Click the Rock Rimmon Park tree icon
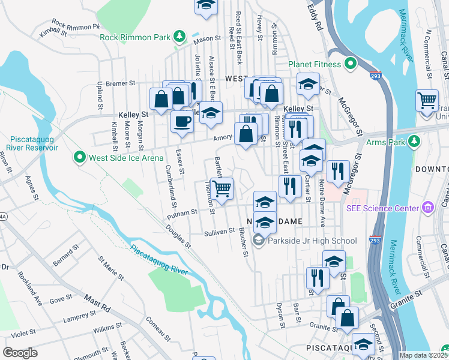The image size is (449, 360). (179, 37)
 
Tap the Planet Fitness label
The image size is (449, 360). (315, 64)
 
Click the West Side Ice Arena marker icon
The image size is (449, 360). (79, 158)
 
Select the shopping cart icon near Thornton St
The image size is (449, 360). (221, 190)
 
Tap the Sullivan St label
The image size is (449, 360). (218, 231)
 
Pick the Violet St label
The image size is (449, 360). (23, 332)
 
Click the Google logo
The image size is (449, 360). (20, 353)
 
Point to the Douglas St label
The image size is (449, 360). (178, 237)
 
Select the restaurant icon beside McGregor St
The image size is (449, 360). (339, 172)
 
